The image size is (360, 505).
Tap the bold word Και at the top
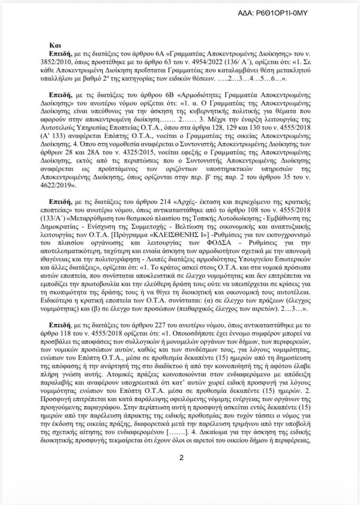click(x=54, y=45)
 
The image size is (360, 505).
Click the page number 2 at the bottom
click(x=180, y=458)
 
